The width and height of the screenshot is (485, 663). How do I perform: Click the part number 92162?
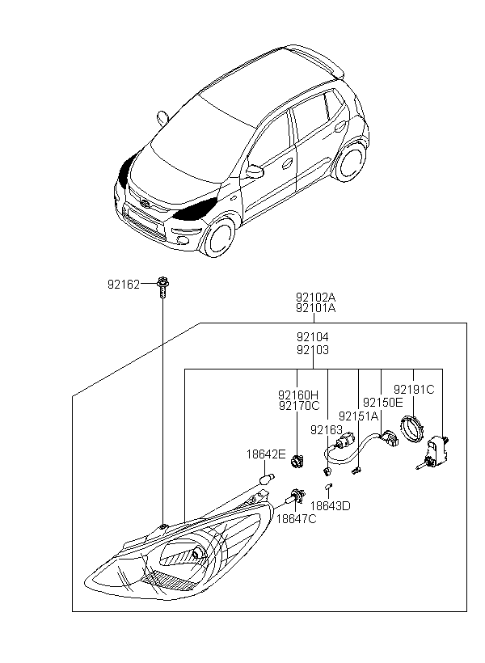(x=124, y=284)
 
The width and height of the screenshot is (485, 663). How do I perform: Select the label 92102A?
(x=315, y=297)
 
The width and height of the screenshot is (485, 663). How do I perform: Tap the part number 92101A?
(x=315, y=308)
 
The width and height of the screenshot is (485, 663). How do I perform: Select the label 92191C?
(x=414, y=389)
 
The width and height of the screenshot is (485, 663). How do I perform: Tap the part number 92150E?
(x=382, y=402)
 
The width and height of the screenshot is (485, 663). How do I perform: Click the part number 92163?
(x=327, y=429)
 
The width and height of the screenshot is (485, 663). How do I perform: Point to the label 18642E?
(x=266, y=454)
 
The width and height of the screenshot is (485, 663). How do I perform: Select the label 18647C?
(x=297, y=518)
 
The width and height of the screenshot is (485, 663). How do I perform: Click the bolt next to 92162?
(x=162, y=285)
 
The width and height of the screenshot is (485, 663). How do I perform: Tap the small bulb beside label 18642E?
(x=265, y=480)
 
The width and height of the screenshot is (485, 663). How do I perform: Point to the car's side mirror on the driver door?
(x=255, y=171)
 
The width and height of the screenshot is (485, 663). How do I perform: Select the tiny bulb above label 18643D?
(x=328, y=488)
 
